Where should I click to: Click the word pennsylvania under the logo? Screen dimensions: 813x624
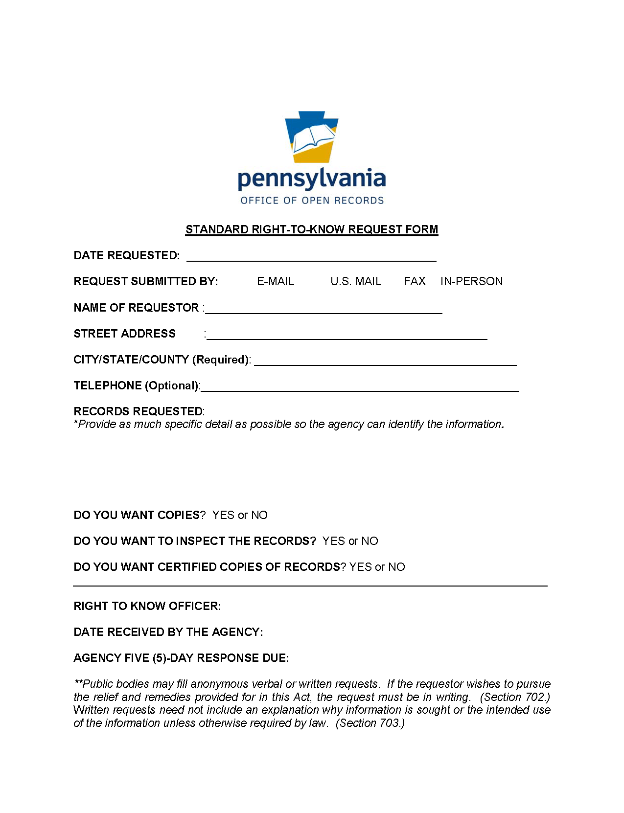point(311,179)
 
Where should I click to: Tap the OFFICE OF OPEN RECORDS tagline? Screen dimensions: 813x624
point(312,201)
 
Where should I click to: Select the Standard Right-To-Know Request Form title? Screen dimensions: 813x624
point(311,229)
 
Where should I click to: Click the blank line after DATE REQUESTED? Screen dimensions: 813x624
point(311,257)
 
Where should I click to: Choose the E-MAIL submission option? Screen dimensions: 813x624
point(276,281)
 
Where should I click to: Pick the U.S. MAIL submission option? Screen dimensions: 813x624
point(355,281)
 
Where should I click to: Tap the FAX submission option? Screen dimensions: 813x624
point(414,281)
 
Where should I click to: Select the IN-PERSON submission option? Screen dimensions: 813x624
point(471,281)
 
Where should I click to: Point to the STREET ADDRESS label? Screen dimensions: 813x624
point(124,334)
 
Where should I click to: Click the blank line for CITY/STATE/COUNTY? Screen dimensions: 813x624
point(385,361)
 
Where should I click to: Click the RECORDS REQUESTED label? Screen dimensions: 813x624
point(138,411)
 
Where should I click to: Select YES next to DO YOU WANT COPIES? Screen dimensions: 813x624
point(223,515)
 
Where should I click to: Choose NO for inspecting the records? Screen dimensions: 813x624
point(370,541)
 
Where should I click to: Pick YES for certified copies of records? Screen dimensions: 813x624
point(360,567)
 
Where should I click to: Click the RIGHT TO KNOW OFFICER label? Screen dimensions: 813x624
point(147,606)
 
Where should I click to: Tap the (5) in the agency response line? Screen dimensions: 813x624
point(160,658)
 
